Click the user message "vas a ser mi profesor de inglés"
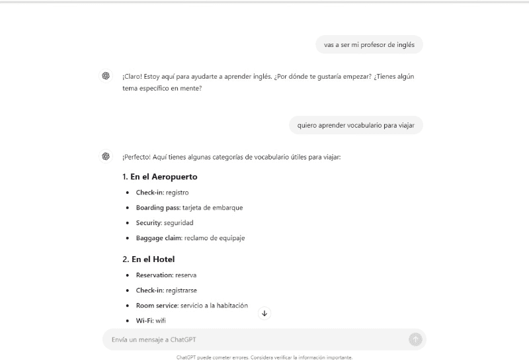[x=370, y=45]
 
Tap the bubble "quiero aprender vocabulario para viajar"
[x=356, y=125]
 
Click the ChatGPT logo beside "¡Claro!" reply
[x=106, y=76]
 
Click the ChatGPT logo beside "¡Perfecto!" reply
[x=106, y=156]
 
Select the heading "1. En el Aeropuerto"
[x=159, y=177]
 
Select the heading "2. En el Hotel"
[x=148, y=259]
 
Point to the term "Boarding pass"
[x=158, y=208]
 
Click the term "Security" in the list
[x=148, y=223]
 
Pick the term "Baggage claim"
[x=158, y=238]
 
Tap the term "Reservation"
[x=155, y=275]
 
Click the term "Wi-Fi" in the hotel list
[x=145, y=321]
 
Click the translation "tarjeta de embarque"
[x=213, y=208]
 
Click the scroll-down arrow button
[x=264, y=313]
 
